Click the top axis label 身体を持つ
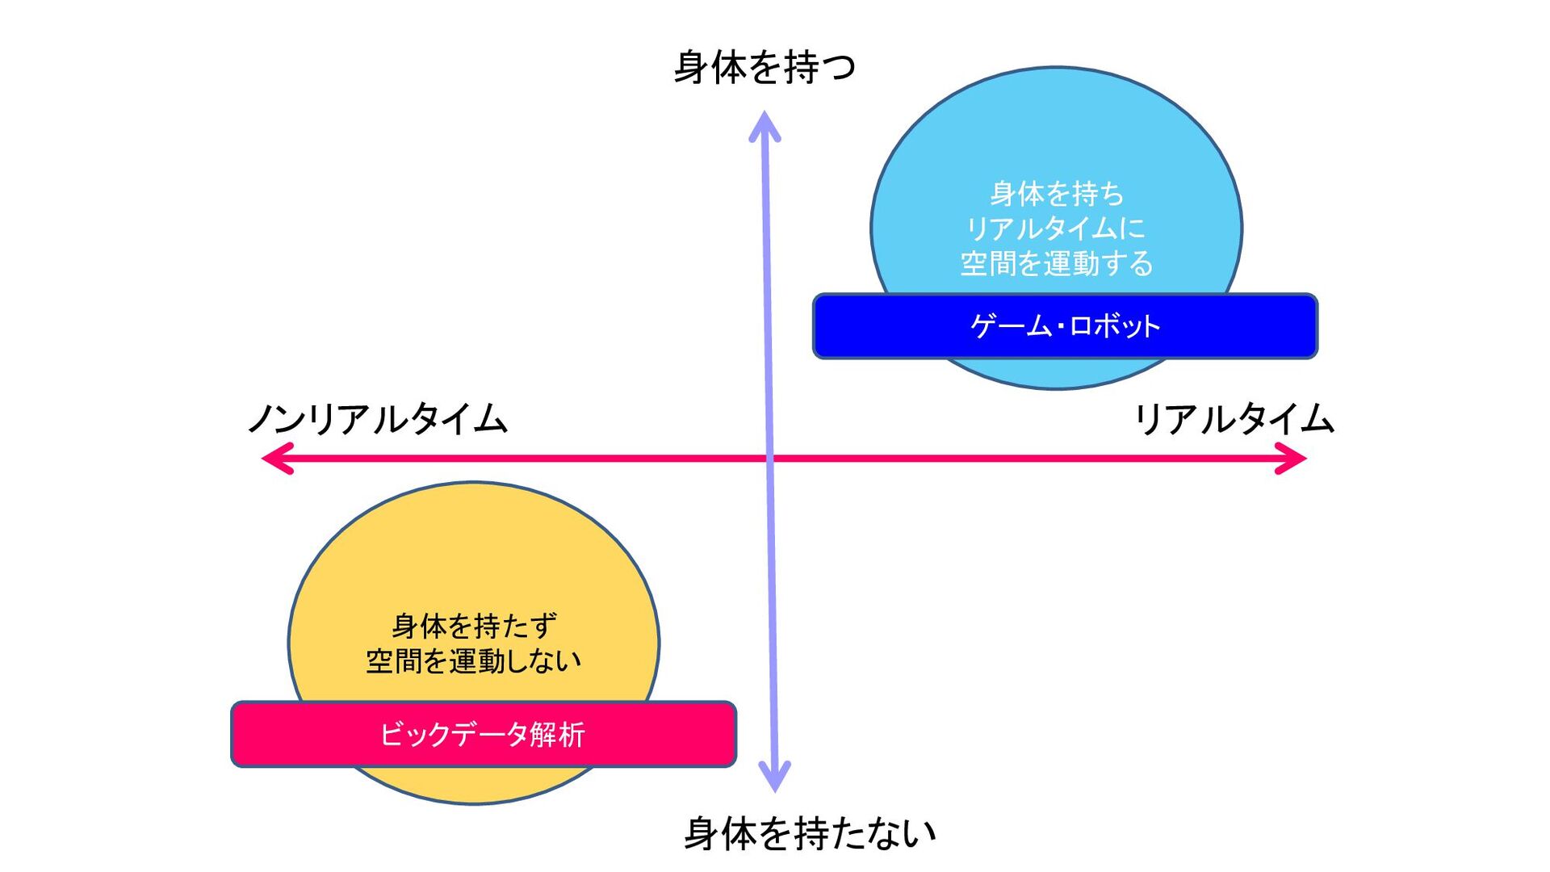pos(764,67)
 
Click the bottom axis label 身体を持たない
pos(810,833)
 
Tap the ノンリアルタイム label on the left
pos(378,419)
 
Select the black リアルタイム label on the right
pos(1234,419)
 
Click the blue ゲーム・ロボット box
pos(1065,326)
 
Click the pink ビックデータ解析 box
pos(483,734)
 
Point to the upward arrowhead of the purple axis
pos(764,125)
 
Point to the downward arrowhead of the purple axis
pos(775,778)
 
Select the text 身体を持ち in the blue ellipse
pos(1057,194)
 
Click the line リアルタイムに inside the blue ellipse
pos(1057,228)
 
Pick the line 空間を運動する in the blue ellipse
pos(1057,263)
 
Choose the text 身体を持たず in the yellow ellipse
pos(474,626)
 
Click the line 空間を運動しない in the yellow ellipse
pos(474,661)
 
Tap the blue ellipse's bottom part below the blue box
pos(1058,374)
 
